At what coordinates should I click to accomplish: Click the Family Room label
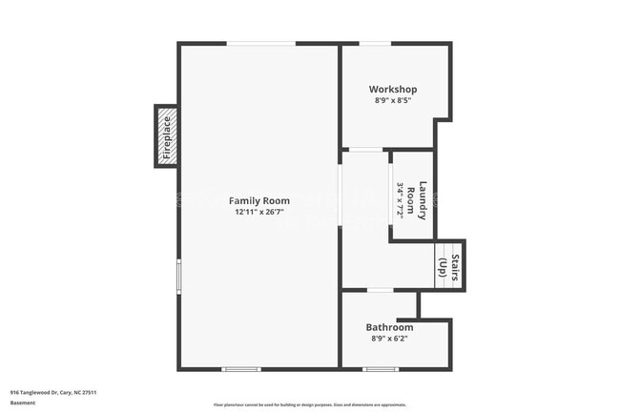[259, 200]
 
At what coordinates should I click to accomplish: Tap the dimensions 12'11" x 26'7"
[259, 213]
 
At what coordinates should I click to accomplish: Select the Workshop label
[393, 90]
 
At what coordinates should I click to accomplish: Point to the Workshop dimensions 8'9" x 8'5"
[393, 101]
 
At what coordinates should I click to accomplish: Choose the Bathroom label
[389, 327]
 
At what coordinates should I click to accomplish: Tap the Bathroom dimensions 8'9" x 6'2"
[389, 339]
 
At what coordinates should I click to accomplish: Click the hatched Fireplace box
[167, 136]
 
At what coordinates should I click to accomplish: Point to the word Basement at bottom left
[23, 403]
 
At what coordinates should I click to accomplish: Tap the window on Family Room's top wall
[260, 43]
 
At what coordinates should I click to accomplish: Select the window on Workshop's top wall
[374, 43]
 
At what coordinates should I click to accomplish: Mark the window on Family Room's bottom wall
[240, 368]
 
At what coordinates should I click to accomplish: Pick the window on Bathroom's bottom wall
[381, 368]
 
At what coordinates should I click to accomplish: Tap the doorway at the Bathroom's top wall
[380, 290]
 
